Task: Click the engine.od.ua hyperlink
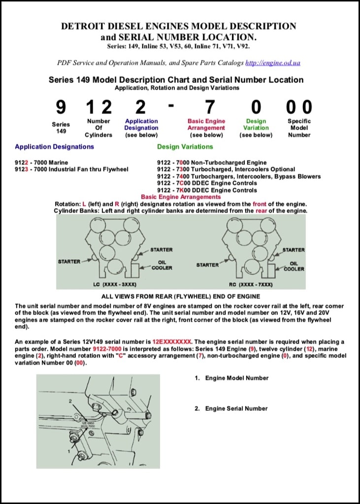pyautogui.click(x=272, y=63)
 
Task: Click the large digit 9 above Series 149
pyautogui.click(x=61, y=107)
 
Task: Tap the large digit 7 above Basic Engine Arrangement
pyautogui.click(x=210, y=107)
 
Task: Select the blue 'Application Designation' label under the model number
pyautogui.click(x=141, y=128)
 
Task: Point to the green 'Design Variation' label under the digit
pyautogui.click(x=256, y=128)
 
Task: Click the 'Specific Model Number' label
pyautogui.click(x=299, y=128)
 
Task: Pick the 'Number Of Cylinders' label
pyautogui.click(x=98, y=128)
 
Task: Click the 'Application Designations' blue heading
pyautogui.click(x=54, y=146)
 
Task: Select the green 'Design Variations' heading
pyautogui.click(x=185, y=146)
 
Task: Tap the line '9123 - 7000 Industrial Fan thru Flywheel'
pyautogui.click(x=71, y=169)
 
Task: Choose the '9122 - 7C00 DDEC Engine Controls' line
pyautogui.click(x=207, y=183)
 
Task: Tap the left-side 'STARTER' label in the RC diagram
pyautogui.click(x=207, y=265)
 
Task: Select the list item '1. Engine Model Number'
pyautogui.click(x=231, y=378)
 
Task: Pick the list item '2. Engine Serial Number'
pyautogui.click(x=231, y=408)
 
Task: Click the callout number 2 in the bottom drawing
pyautogui.click(x=70, y=402)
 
